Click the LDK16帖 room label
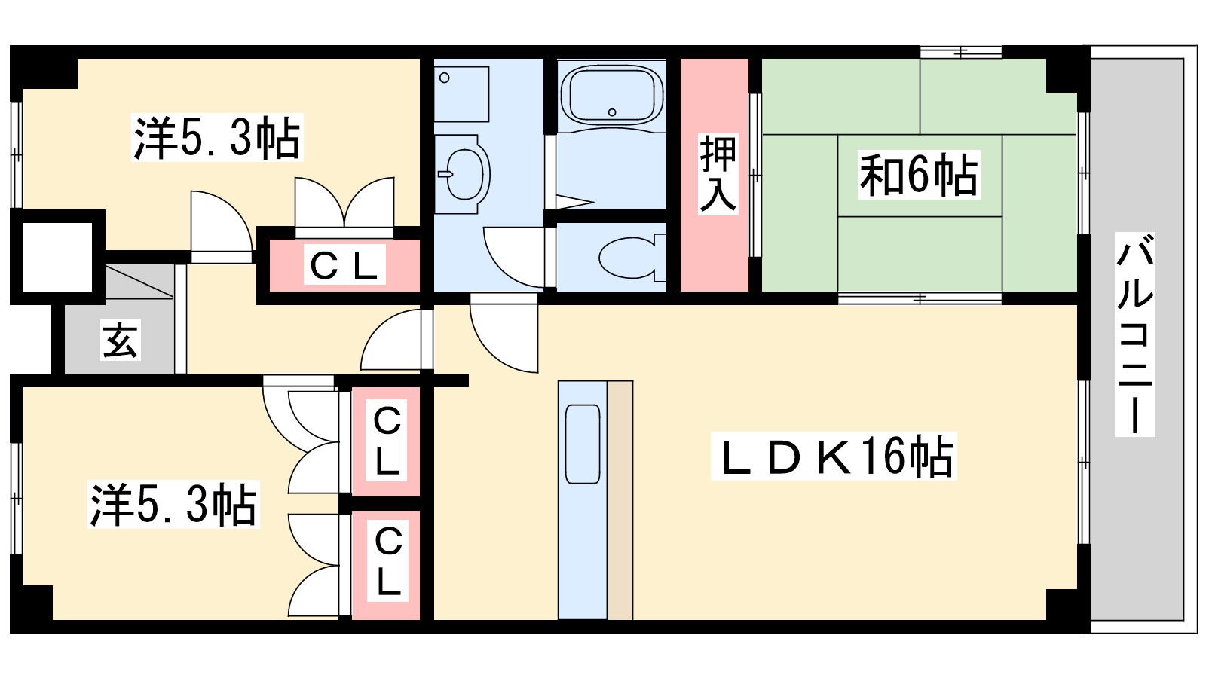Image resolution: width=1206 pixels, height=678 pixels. tap(834, 457)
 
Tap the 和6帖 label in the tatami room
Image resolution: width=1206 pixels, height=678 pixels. tap(919, 175)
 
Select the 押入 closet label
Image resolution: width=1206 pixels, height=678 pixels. tap(718, 174)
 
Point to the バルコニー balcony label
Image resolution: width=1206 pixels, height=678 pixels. tap(1135, 334)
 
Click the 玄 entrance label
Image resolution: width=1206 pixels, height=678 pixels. tap(121, 340)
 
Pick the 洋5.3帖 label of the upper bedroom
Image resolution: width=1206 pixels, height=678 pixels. tap(217, 137)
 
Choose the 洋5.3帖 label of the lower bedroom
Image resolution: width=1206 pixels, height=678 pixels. tap(173, 504)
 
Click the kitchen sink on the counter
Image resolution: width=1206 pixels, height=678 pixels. tap(583, 444)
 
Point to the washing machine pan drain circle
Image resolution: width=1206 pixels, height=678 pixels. tap(444, 78)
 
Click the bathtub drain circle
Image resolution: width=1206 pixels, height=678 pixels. tap(612, 112)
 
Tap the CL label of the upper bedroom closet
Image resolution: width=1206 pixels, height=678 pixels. tap(344, 264)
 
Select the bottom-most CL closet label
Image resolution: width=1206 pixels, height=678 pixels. tap(387, 561)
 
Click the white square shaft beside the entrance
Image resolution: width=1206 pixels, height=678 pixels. tap(57, 257)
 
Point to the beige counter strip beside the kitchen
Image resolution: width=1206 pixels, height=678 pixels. tap(620, 500)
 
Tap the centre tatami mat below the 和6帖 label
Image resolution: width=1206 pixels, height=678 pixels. tap(920, 254)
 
